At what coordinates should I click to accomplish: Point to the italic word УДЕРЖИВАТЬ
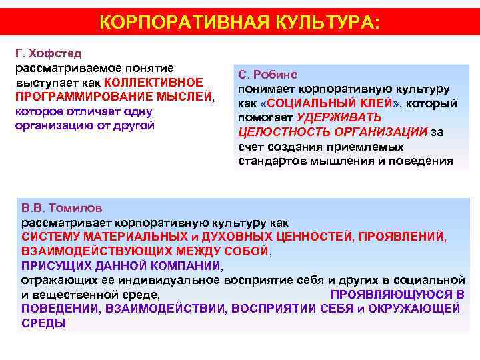click(339, 118)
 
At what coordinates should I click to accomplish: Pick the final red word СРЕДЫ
click(43, 323)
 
